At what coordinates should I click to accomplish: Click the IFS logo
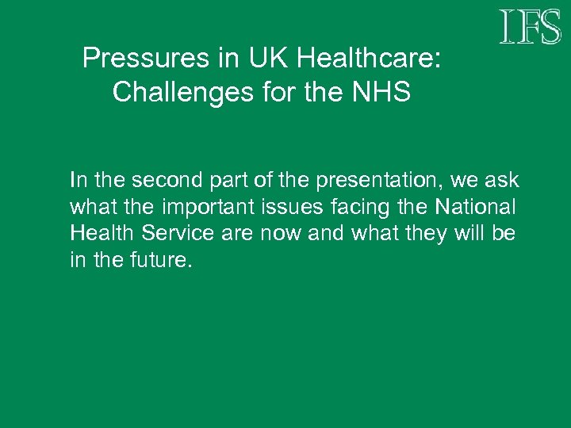click(x=530, y=27)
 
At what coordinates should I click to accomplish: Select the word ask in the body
click(x=501, y=181)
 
